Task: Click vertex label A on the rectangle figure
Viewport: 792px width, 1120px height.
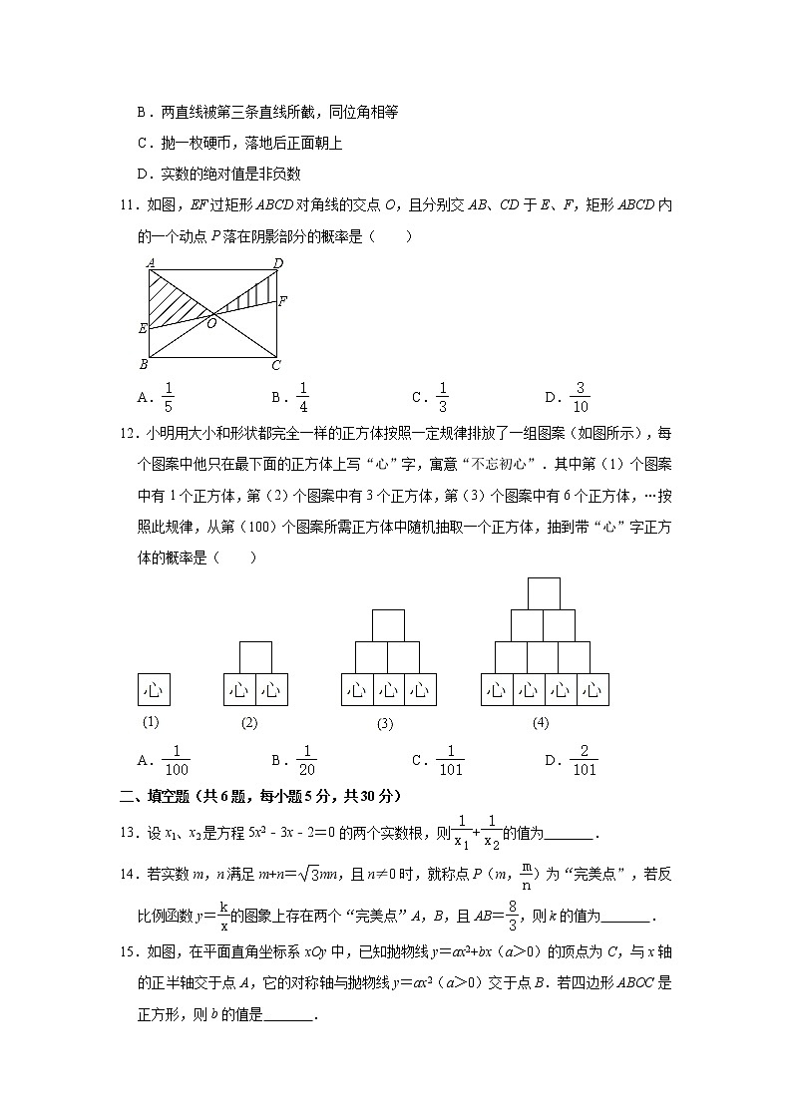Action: pos(149,263)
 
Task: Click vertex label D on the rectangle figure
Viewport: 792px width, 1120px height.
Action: pos(278,263)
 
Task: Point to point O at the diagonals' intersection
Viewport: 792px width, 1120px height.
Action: pos(211,323)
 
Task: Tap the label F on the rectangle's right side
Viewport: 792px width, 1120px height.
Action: pos(283,300)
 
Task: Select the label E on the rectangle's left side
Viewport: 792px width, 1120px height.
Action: pos(143,327)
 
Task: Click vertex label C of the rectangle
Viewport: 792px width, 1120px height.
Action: pos(276,365)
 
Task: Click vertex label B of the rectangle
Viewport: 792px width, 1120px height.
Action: pos(143,365)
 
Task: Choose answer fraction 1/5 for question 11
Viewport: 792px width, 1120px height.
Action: pos(168,398)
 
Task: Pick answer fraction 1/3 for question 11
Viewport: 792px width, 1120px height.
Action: pos(443,398)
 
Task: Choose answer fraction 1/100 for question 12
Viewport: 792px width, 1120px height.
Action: pos(176,761)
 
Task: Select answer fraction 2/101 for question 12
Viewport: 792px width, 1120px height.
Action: pos(584,761)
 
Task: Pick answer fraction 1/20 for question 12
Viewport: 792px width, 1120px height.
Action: pos(306,761)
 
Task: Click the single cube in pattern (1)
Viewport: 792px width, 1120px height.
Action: pos(154,689)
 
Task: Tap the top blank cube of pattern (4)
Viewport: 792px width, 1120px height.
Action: pos(544,592)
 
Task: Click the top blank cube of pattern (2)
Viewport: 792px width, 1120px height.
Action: pos(255,657)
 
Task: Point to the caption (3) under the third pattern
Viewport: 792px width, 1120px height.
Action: pos(385,724)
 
